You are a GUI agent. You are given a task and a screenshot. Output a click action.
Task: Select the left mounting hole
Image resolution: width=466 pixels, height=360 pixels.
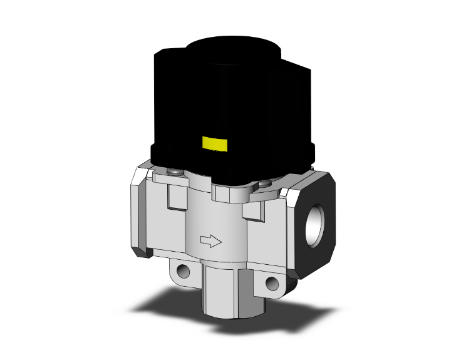(x=182, y=272)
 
